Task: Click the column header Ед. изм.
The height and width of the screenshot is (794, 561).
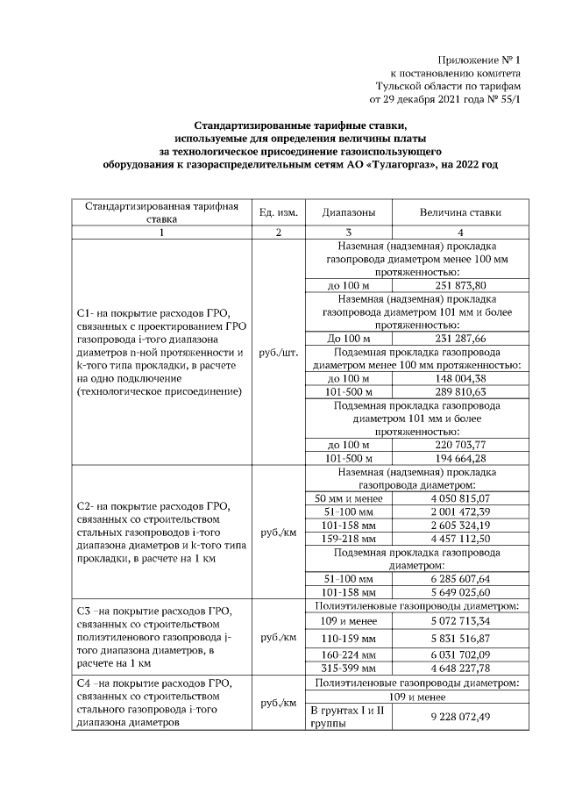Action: tap(279, 213)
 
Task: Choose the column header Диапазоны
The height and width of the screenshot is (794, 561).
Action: tap(349, 213)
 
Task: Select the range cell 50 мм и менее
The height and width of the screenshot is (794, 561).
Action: tap(349, 498)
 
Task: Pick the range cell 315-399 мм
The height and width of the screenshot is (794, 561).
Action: tap(349, 668)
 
